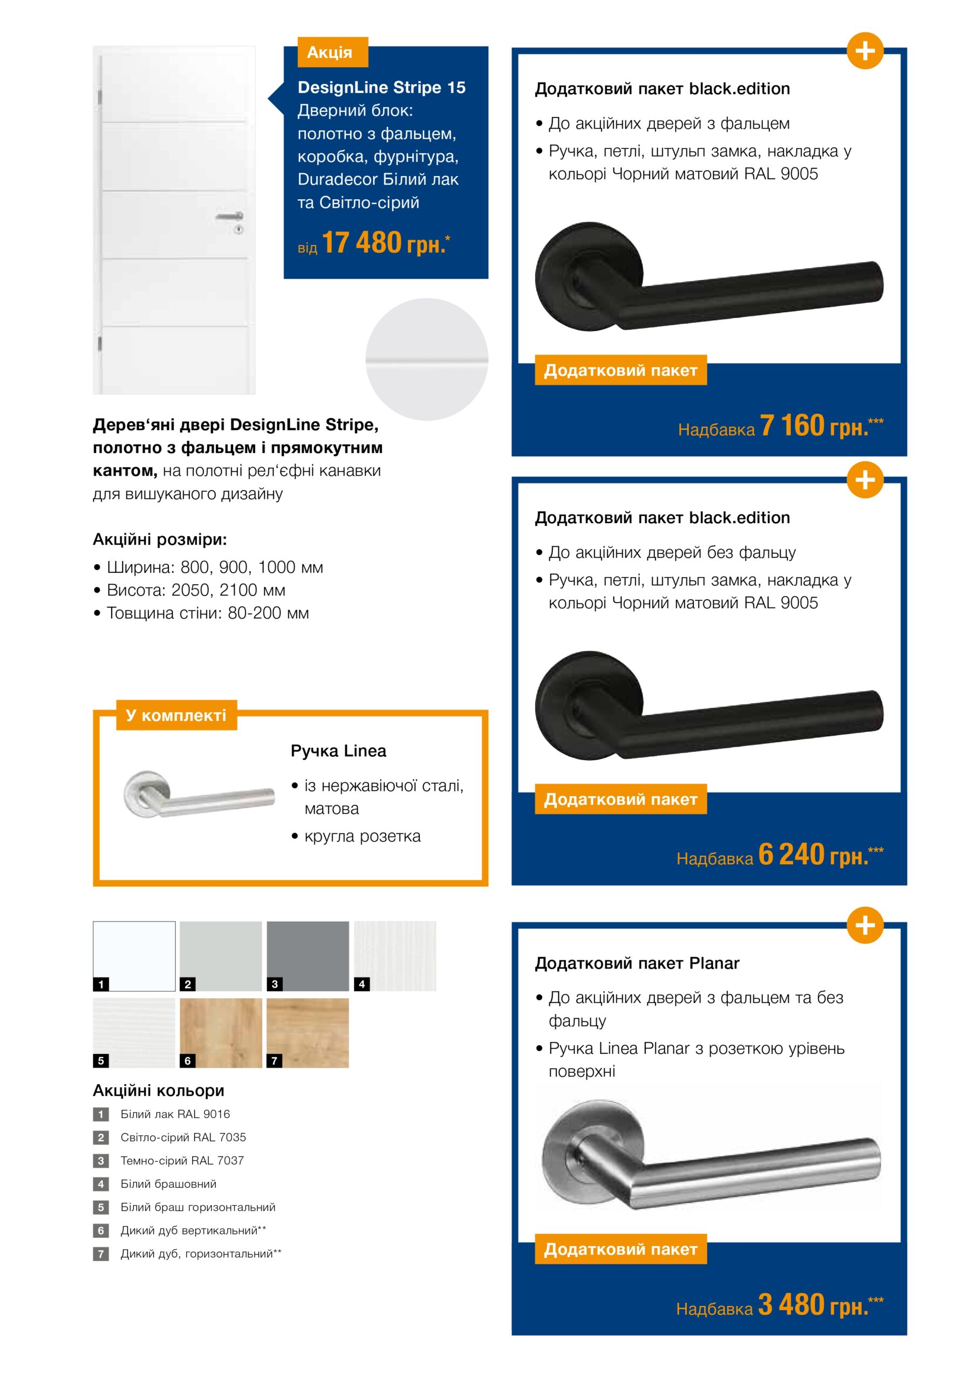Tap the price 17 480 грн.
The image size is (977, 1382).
click(x=385, y=243)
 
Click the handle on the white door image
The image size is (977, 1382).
click(x=230, y=215)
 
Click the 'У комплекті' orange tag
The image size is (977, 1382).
click(x=176, y=715)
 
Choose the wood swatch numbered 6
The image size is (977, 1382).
click(x=221, y=1033)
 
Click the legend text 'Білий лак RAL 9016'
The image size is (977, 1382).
click(x=175, y=1114)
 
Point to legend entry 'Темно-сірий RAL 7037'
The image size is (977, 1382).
click(x=182, y=1161)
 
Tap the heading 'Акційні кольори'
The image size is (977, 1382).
click(x=158, y=1090)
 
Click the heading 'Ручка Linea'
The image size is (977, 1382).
click(x=338, y=750)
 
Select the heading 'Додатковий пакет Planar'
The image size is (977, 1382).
click(x=637, y=963)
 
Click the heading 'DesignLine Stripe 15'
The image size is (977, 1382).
click(x=381, y=87)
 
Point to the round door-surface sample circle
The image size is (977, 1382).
click(x=427, y=360)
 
